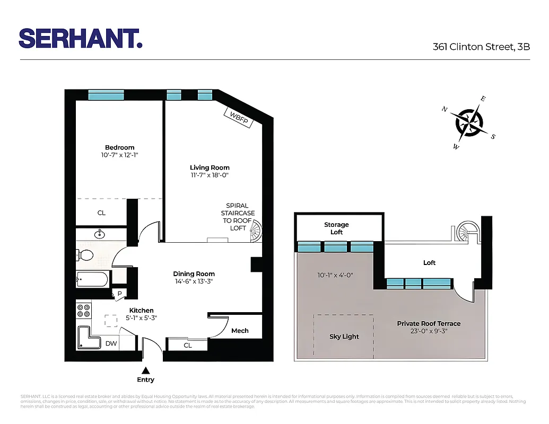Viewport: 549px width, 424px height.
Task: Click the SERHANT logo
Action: pos(81,38)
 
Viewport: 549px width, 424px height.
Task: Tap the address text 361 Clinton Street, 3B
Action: pos(481,47)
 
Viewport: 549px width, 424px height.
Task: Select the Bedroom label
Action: pos(119,147)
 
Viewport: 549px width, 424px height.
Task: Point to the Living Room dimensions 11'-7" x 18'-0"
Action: pos(210,175)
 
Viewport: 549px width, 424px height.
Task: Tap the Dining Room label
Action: pos(194,274)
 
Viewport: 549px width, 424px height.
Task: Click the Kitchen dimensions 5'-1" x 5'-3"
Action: pos(141,318)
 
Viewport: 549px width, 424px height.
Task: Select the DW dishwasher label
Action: pos(111,343)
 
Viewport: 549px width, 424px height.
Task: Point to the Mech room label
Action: pos(240,331)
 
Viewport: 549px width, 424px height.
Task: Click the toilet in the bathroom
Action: pos(85,255)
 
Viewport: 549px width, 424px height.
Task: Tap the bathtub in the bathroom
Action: pos(92,279)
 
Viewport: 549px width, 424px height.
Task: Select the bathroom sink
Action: pos(101,234)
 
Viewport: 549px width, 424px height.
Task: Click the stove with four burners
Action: pos(83,311)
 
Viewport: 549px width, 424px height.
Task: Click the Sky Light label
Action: pos(344,337)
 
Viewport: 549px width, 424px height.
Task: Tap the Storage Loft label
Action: pos(336,228)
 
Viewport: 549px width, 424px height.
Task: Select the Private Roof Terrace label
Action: pos(429,324)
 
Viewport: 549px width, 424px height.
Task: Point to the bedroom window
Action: pos(106,95)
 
